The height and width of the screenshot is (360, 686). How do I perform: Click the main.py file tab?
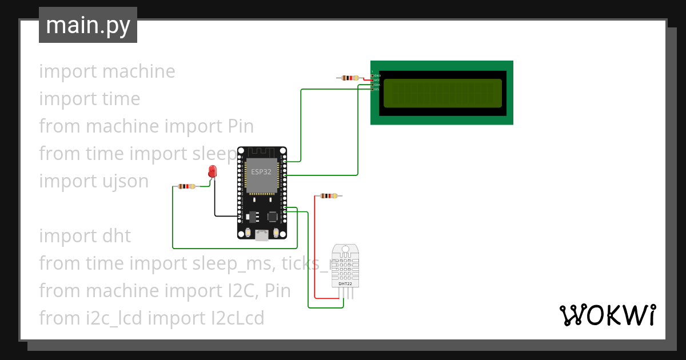(87, 25)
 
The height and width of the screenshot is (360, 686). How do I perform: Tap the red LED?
(213, 171)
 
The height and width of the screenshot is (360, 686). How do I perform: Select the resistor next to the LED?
(186, 186)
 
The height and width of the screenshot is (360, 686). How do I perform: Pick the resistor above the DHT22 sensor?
(328, 196)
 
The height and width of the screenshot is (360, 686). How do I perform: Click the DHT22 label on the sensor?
(345, 283)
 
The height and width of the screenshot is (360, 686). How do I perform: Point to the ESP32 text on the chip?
(261, 171)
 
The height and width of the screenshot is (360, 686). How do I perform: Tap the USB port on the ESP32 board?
(262, 234)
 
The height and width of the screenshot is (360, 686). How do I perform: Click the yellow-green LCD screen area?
(442, 93)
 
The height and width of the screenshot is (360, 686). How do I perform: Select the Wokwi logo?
(607, 315)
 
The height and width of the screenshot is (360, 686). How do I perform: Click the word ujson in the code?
(122, 181)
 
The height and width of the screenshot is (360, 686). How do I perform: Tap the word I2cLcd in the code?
(236, 318)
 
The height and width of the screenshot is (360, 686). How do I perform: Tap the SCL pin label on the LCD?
(377, 89)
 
